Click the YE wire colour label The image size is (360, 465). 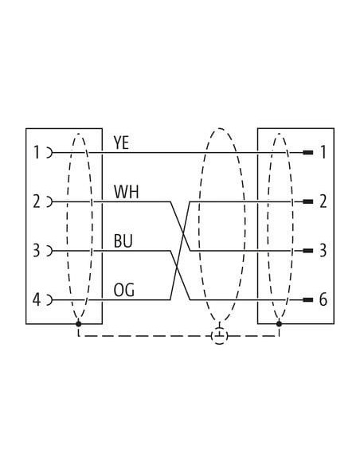click(121, 143)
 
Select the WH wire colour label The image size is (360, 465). click(126, 192)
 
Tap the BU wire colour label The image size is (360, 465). click(123, 240)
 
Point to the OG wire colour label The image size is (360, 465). click(124, 290)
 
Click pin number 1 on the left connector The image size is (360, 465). click(36, 153)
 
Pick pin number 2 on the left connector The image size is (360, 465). click(36, 201)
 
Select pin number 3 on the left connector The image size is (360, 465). click(36, 251)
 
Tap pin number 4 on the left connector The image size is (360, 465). click(36, 300)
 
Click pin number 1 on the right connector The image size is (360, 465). click(323, 153)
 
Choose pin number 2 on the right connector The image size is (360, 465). click(323, 201)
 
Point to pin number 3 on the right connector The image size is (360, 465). click(323, 251)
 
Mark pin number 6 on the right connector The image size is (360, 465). click(323, 300)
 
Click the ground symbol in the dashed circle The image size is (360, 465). click(220, 336)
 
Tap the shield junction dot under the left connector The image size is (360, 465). click(79, 323)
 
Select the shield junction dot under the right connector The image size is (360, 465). click(279, 323)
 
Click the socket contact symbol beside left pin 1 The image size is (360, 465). click(50, 153)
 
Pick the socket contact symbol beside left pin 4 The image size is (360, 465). click(50, 300)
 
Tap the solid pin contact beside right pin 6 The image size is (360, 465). click(308, 300)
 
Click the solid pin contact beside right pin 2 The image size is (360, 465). click(308, 201)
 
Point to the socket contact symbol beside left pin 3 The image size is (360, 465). click(50, 251)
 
